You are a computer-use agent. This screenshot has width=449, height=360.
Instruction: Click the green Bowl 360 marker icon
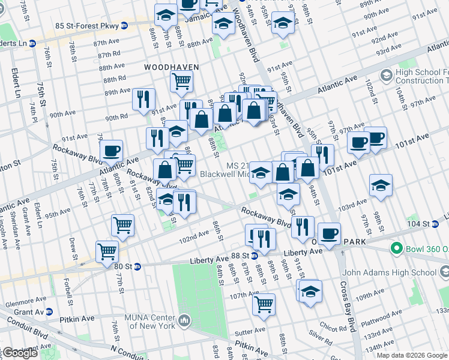396,248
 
